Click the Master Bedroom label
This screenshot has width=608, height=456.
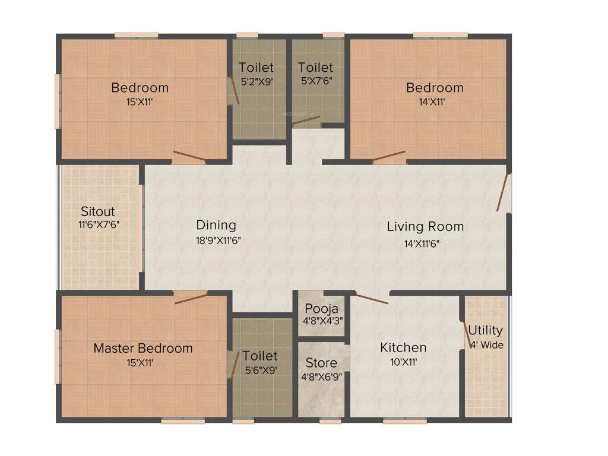[x=143, y=349]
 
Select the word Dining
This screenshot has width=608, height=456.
[x=216, y=225]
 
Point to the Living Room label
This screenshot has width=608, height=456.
[x=425, y=226]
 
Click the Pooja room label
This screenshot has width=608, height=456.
[x=321, y=309]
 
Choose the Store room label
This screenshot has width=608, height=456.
[x=321, y=363]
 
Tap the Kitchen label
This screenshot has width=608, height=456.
[x=403, y=347]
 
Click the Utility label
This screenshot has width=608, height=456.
[x=485, y=330]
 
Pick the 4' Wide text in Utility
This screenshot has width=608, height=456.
[x=486, y=344]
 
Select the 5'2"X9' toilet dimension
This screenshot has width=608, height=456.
[x=256, y=82]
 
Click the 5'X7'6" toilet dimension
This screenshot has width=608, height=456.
[x=315, y=82]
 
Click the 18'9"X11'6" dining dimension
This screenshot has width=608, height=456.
[x=218, y=240]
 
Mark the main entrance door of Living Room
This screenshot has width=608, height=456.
[x=505, y=192]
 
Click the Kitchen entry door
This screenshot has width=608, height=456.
[x=372, y=299]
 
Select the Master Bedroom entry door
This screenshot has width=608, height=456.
[x=191, y=297]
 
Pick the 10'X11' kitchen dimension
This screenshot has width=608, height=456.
[x=403, y=362]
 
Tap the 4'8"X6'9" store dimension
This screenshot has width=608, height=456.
[x=321, y=376]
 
